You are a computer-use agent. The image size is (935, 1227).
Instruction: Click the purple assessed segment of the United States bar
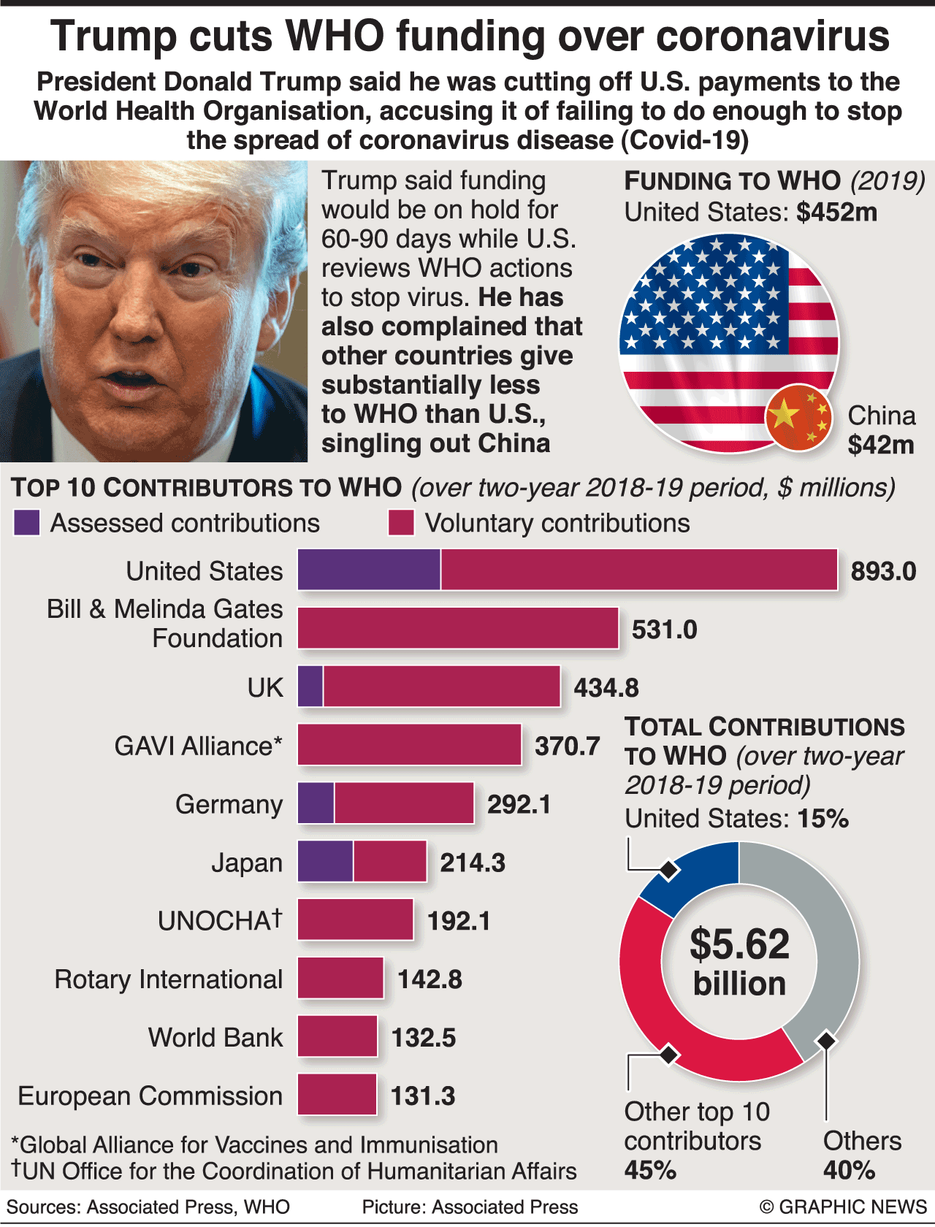(369, 570)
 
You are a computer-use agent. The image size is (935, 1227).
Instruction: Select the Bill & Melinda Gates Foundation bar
(458, 628)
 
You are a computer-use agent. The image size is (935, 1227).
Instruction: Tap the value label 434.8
(606, 688)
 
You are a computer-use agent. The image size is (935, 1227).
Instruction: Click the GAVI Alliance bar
(409, 745)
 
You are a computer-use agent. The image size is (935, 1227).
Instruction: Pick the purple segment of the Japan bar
(326, 862)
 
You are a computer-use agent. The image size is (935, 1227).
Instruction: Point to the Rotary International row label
(169, 979)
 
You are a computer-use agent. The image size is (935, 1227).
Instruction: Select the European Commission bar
(337, 1095)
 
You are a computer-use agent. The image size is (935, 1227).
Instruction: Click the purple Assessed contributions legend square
(27, 523)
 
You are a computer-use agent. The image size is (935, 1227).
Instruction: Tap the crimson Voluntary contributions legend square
(401, 523)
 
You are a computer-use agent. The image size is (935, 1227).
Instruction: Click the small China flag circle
(798, 417)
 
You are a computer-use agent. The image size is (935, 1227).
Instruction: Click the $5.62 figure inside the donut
(740, 944)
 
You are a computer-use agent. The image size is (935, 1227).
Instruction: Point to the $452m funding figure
(836, 213)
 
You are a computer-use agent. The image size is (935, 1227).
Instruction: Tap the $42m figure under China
(881, 445)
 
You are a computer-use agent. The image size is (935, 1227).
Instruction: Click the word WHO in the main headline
(335, 37)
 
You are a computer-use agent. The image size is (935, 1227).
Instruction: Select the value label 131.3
(423, 1096)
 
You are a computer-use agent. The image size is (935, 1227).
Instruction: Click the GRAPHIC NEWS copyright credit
(843, 1207)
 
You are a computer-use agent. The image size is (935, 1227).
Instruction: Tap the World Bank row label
(215, 1038)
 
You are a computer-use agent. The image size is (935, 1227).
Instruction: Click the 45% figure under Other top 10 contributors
(650, 1170)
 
